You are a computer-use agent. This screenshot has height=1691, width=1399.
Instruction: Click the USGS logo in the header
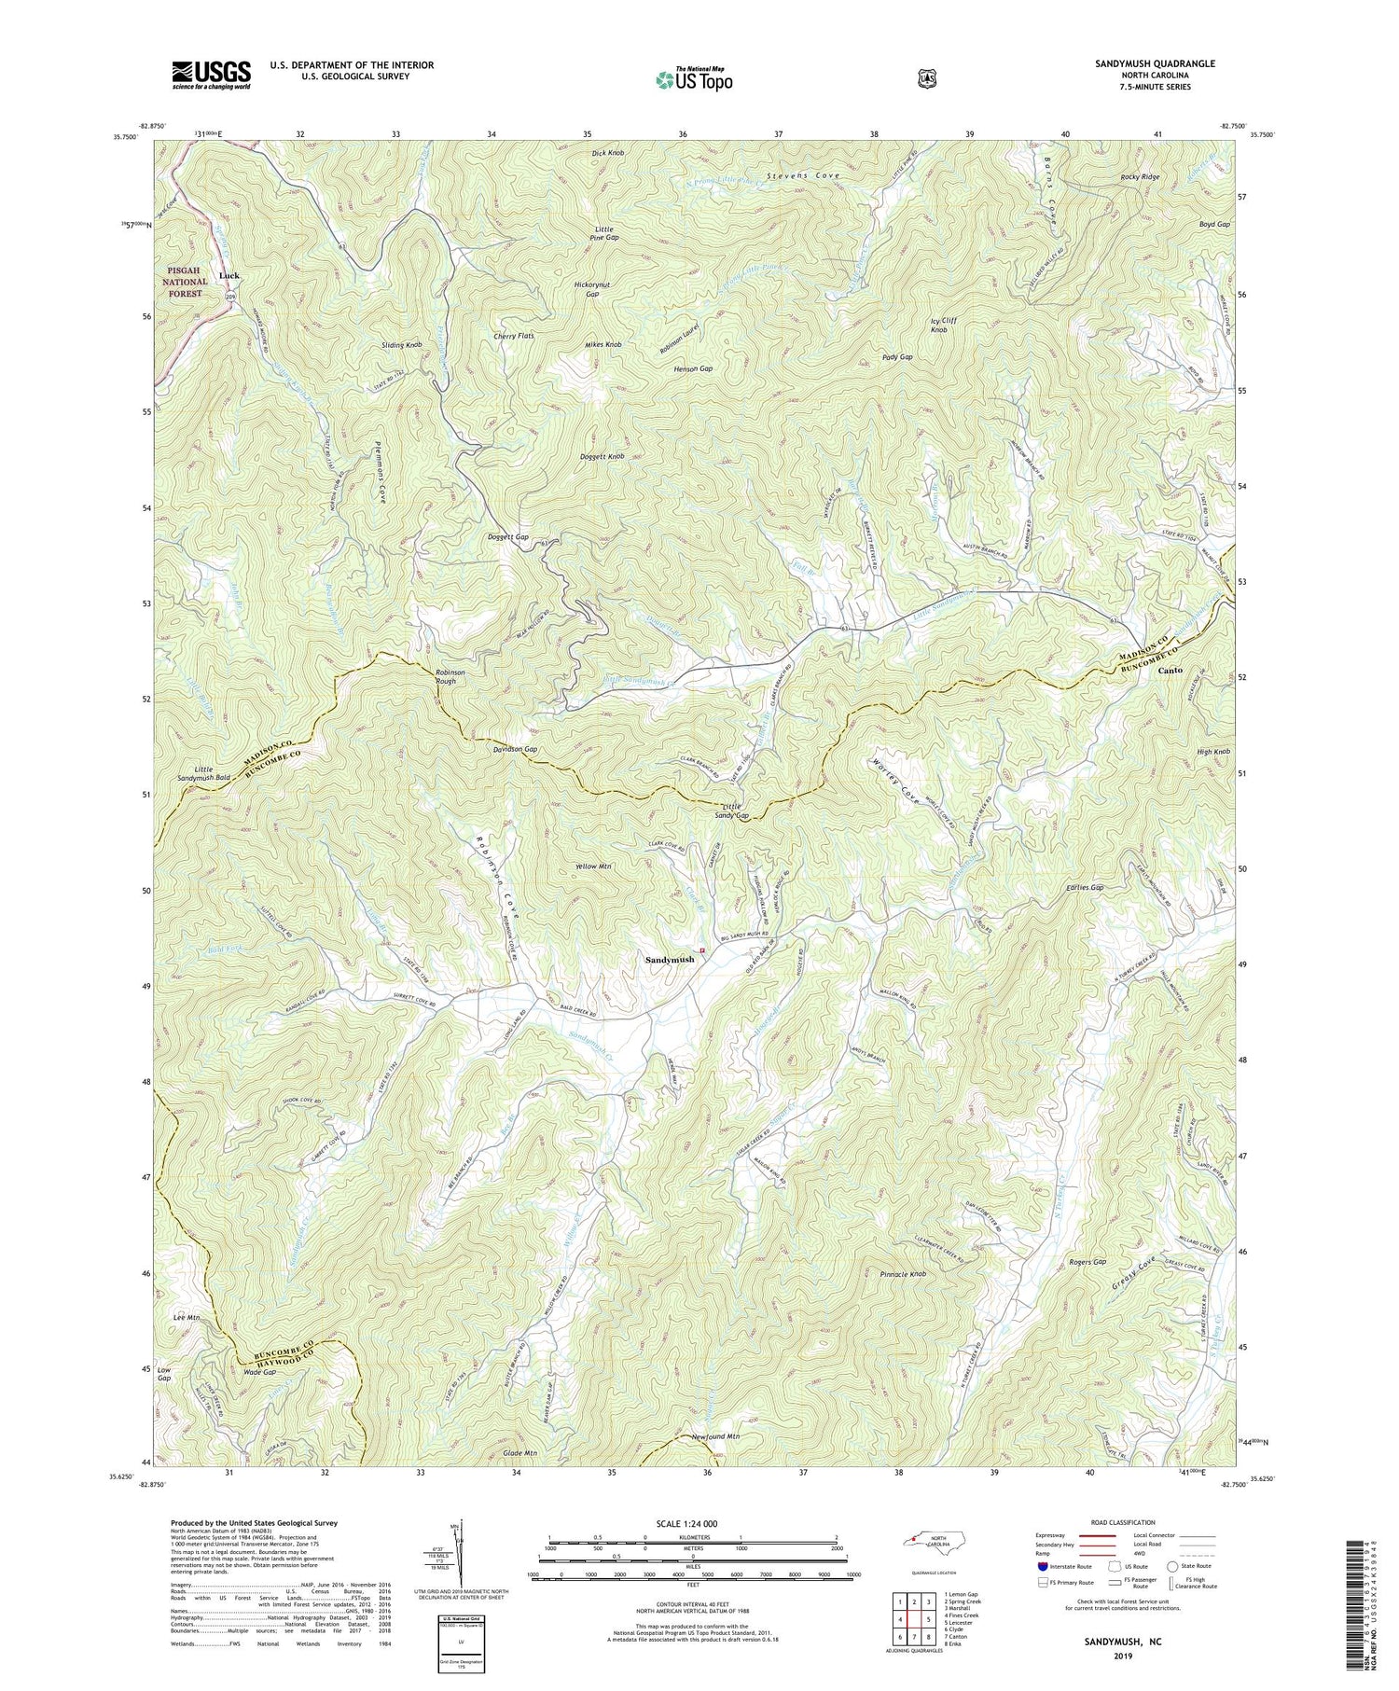point(211,75)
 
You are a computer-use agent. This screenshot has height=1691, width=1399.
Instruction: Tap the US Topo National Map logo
point(694,78)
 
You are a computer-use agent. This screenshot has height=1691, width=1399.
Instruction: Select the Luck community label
point(229,276)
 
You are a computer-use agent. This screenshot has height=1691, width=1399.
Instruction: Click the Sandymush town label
point(669,959)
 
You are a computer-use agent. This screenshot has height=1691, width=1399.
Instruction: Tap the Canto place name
point(1170,671)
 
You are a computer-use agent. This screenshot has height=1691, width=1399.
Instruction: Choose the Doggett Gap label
point(508,537)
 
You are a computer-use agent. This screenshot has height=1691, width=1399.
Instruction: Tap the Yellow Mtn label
point(594,866)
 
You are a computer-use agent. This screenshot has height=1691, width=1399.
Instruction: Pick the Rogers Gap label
point(1087,1261)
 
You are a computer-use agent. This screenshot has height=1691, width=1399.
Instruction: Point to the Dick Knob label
point(607,152)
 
